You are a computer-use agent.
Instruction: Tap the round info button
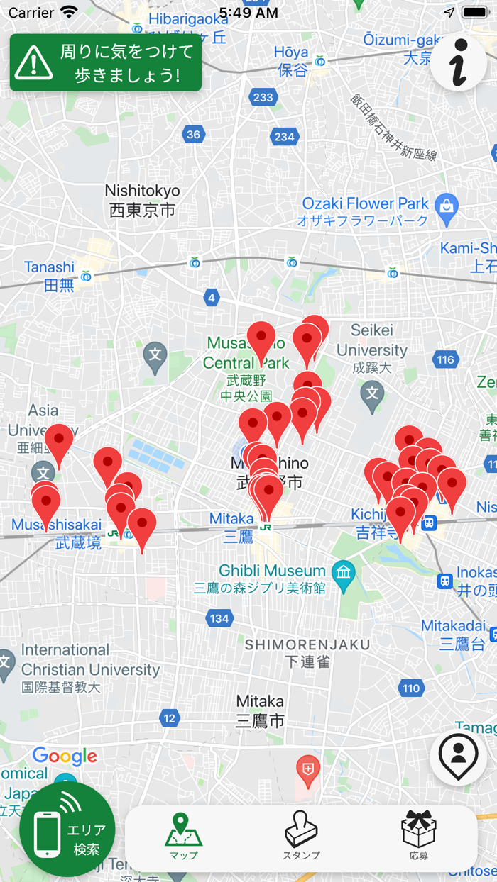pos(459,62)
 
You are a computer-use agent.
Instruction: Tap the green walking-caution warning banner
pos(105,62)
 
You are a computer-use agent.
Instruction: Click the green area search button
pos(67,829)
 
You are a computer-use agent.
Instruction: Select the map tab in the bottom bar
pos(184,837)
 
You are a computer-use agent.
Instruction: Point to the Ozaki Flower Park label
pos(366,211)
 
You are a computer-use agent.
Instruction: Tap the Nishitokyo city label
pos(142,201)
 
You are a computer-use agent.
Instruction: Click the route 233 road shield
pos(263,98)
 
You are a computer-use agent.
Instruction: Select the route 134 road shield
pos(219,618)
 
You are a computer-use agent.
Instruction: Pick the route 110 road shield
pos(410,688)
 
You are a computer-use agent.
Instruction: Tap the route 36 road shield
pos(193,135)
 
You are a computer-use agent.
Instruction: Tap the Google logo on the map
pos(65,756)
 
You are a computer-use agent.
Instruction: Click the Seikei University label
pos(372,350)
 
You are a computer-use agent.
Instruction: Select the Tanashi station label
pos(50,275)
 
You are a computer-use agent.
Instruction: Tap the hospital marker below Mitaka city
pos(307,771)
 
